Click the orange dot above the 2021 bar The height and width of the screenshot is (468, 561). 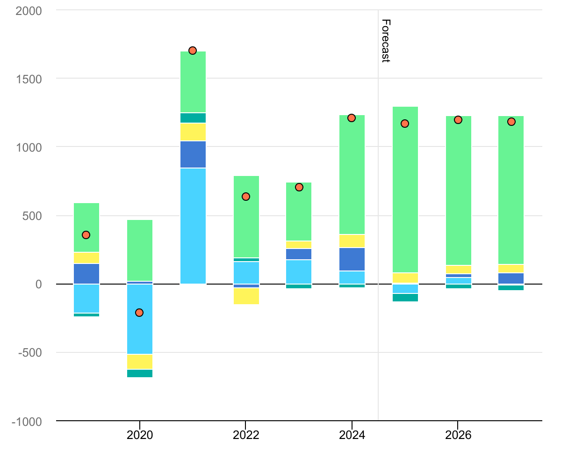click(x=193, y=51)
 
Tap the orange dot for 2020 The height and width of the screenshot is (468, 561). click(x=139, y=313)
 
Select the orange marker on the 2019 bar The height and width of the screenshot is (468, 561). click(x=86, y=235)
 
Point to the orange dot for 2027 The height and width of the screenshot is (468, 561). click(x=511, y=122)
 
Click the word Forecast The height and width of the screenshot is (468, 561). click(x=386, y=41)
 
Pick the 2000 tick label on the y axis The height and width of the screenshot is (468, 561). click(x=29, y=10)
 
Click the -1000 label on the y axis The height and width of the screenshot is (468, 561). click(x=27, y=421)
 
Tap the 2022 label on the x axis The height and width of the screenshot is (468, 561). click(x=246, y=435)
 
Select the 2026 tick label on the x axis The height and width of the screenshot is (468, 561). click(x=458, y=435)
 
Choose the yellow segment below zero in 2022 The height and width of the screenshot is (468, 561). click(x=246, y=296)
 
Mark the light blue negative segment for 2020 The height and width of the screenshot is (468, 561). click(x=140, y=319)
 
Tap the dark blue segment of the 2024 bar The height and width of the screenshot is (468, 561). click(x=352, y=259)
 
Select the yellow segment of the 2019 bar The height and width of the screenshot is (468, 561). click(x=86, y=257)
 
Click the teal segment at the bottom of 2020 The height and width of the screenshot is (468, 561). click(x=140, y=373)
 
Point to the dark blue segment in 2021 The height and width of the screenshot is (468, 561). click(x=193, y=154)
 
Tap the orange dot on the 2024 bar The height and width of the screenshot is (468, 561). click(x=352, y=118)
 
